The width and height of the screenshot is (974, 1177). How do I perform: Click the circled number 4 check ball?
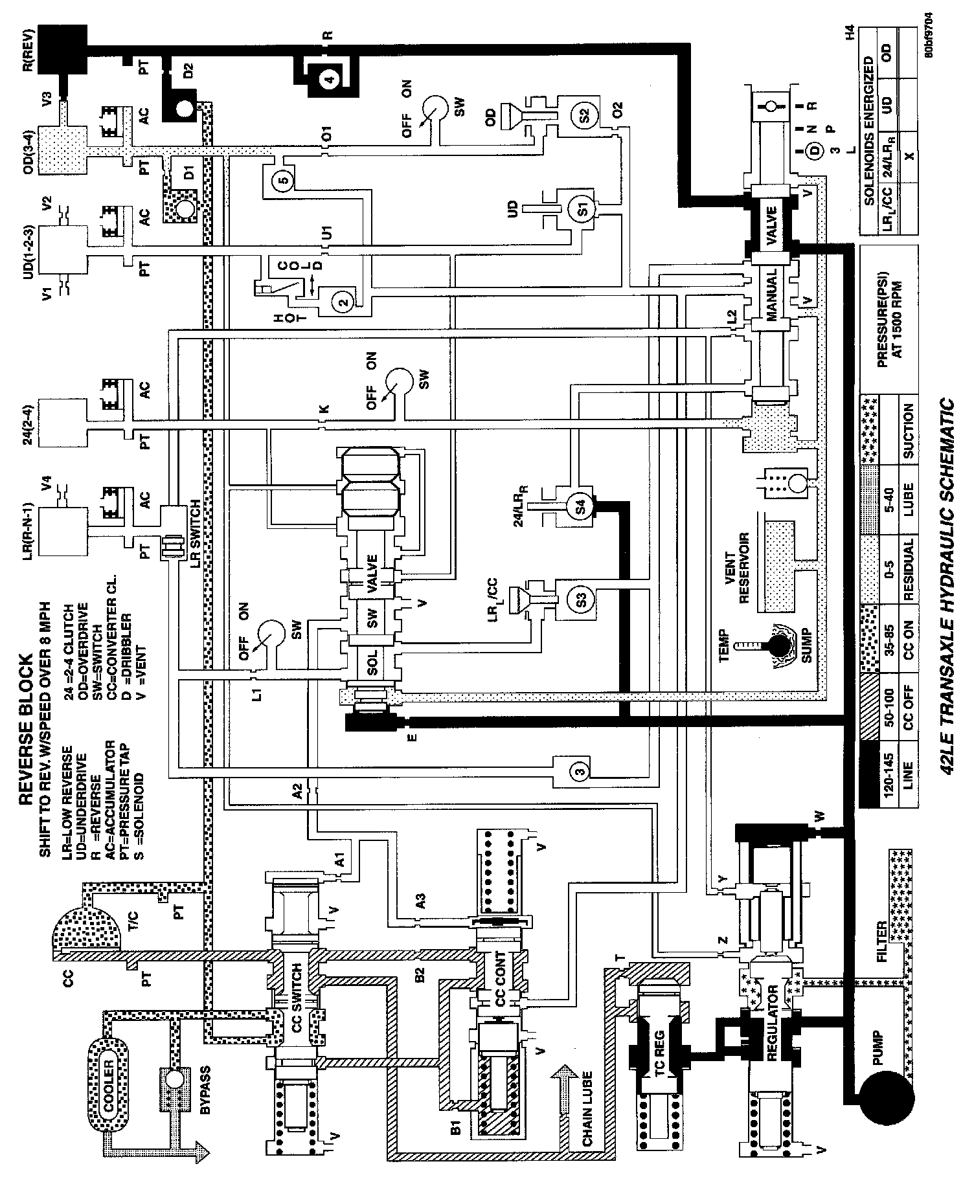(x=330, y=80)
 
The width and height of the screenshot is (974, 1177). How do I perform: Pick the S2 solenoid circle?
(x=583, y=115)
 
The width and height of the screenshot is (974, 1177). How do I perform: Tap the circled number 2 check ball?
(x=343, y=301)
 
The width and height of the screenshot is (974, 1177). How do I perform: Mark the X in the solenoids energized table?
(x=910, y=156)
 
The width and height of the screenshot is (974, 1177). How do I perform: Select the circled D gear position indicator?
(x=813, y=151)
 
